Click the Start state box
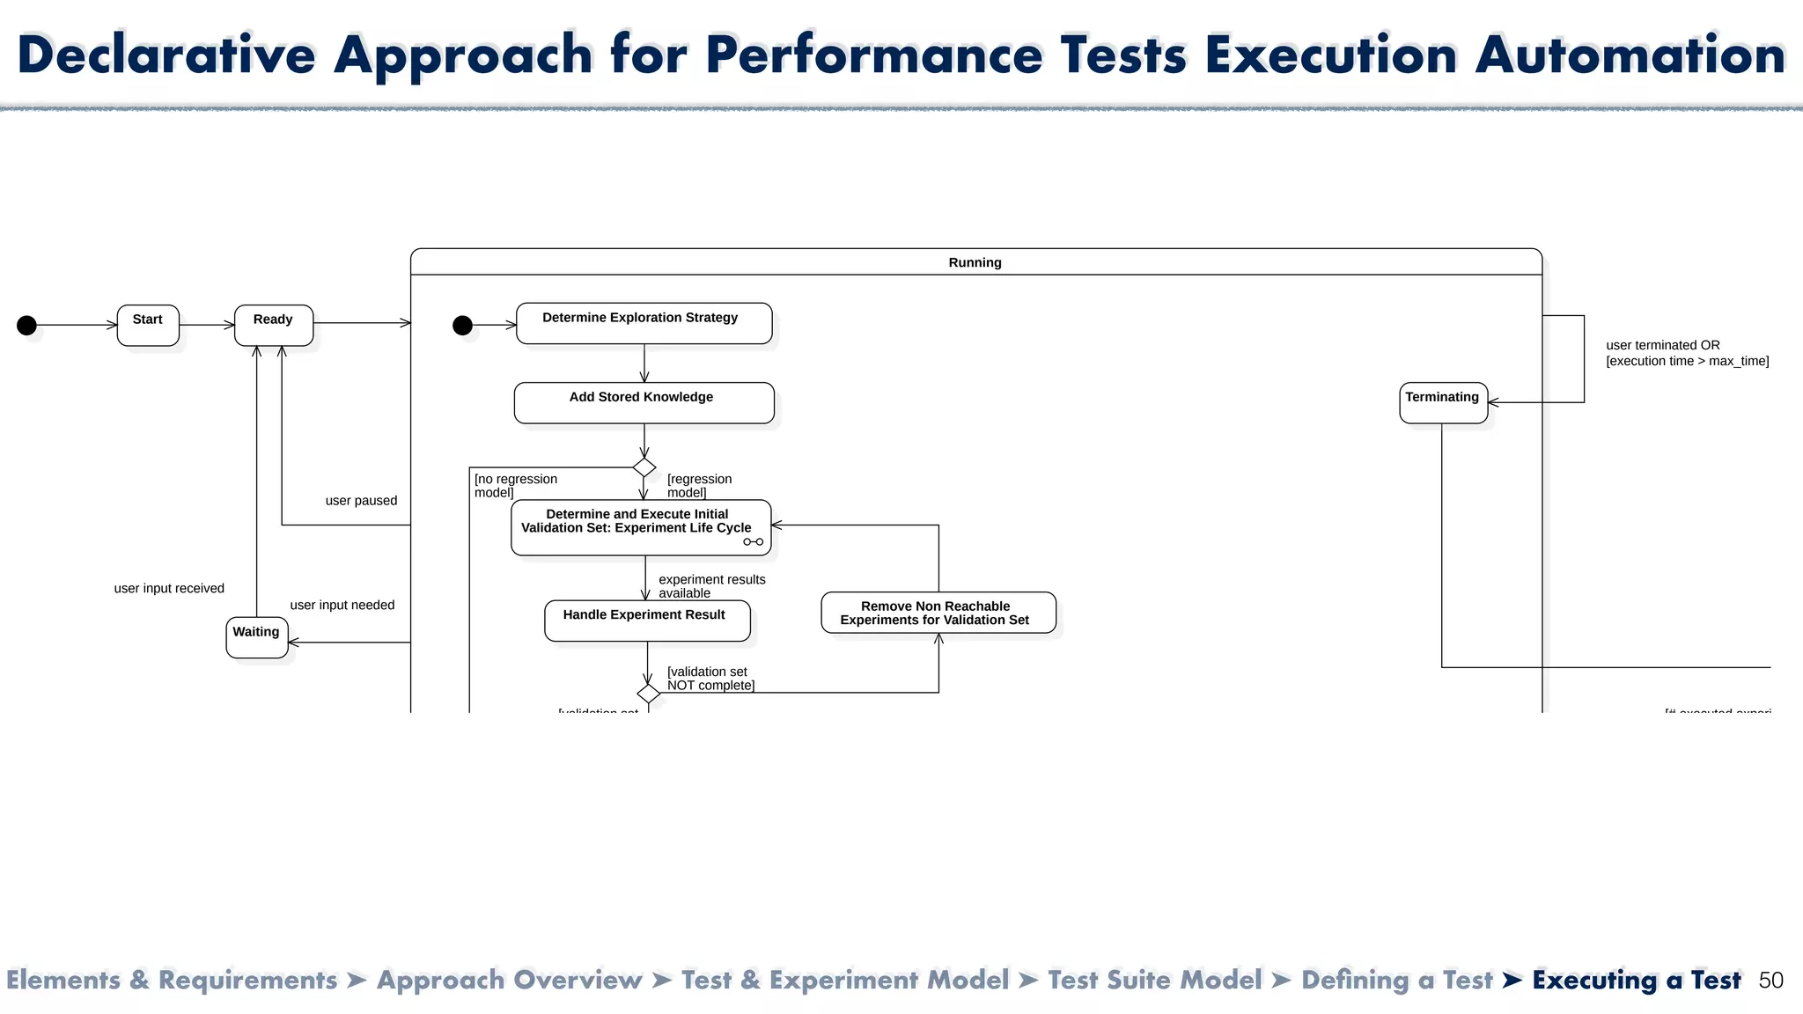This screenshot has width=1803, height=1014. (x=148, y=325)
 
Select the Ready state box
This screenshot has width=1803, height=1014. (x=274, y=325)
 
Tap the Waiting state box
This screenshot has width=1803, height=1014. (x=256, y=637)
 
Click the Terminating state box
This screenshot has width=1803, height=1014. (x=1443, y=402)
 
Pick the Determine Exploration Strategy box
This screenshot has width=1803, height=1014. (x=644, y=323)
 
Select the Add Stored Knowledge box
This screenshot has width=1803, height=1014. (x=644, y=402)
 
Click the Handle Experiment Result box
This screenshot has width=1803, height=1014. (x=647, y=621)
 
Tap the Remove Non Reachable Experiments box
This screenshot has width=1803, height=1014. (x=938, y=613)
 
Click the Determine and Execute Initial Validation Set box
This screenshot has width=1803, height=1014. (x=640, y=527)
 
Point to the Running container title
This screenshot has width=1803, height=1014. (x=975, y=262)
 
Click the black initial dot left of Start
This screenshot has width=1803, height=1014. (x=27, y=326)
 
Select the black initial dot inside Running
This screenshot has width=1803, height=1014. (x=462, y=326)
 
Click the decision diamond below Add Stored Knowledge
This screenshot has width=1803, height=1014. (x=644, y=467)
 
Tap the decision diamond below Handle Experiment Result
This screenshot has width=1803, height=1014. (x=649, y=694)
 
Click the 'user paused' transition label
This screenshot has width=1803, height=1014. (x=361, y=501)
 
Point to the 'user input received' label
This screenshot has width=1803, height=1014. (x=169, y=589)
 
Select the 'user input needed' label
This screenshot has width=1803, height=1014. (x=342, y=606)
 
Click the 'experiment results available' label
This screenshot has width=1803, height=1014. (x=711, y=586)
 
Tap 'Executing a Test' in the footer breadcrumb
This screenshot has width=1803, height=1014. (x=1636, y=980)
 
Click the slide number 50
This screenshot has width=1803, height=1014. (x=1770, y=981)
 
